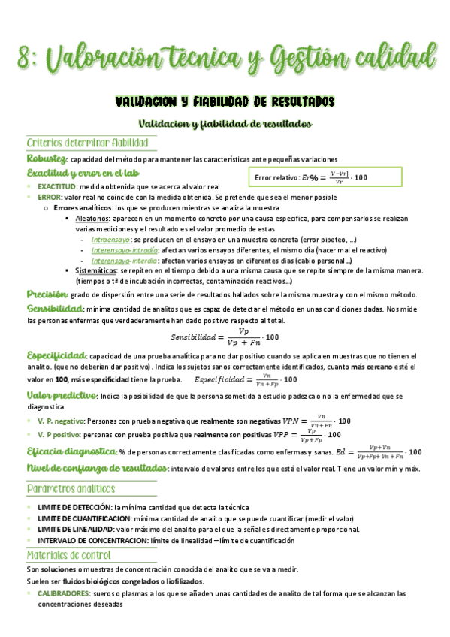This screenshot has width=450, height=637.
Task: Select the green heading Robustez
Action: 46,158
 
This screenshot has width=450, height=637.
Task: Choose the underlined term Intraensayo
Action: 110,239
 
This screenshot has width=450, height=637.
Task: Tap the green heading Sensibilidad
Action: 55,309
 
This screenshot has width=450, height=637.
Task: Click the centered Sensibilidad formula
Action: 225,336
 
